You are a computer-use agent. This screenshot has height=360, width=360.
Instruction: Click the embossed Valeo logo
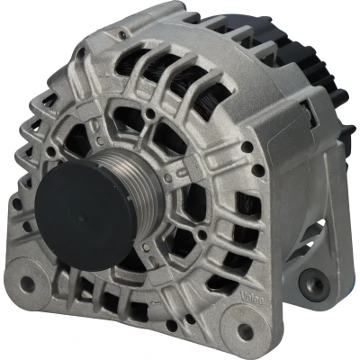(252, 299)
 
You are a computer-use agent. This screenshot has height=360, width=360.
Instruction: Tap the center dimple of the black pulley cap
(82, 217)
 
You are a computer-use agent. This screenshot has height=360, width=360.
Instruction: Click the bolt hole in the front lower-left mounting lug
(28, 282)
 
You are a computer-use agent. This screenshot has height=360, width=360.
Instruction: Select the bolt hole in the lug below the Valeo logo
(246, 328)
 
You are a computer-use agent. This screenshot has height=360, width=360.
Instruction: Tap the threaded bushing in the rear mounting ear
(314, 284)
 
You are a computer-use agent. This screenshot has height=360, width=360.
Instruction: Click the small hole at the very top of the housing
(122, 34)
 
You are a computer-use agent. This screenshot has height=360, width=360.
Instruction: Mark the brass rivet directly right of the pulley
(168, 178)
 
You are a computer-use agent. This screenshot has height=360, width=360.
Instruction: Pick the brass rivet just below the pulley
(146, 247)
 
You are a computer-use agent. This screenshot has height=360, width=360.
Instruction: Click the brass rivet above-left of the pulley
(100, 139)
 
